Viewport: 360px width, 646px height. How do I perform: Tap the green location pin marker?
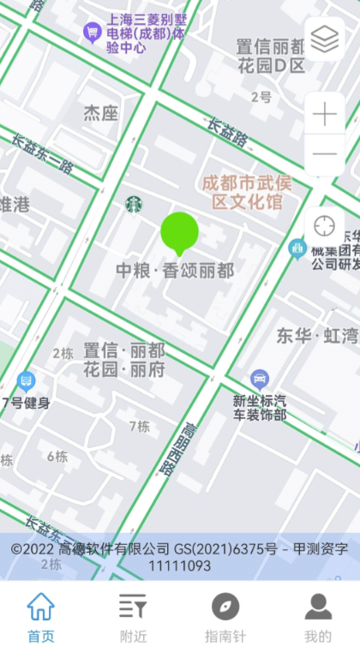179,232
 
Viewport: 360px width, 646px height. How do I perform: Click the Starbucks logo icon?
134,204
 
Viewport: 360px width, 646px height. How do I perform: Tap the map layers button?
324,39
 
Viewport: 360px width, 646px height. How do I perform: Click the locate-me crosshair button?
324,226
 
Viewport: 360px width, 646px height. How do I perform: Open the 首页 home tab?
40,616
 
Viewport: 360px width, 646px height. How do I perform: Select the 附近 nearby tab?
132,616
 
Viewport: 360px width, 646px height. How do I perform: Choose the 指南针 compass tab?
225,616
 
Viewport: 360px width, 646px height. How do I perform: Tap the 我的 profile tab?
317,616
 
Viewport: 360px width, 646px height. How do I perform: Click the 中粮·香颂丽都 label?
175,270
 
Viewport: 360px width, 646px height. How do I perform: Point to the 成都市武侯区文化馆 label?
242,192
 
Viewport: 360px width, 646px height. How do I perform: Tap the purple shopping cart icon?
91,33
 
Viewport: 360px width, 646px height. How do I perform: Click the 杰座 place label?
100,112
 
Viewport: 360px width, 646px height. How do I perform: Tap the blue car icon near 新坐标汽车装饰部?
259,379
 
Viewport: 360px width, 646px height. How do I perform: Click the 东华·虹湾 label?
316,335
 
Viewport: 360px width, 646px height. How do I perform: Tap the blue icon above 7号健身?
26,381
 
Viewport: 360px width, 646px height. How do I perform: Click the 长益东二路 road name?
42,156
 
